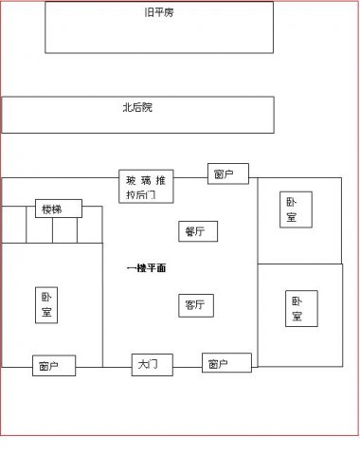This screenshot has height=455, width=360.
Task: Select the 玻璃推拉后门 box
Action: tap(147, 187)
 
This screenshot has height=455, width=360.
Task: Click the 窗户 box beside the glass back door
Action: tap(227, 173)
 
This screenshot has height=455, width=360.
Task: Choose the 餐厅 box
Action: tap(197, 231)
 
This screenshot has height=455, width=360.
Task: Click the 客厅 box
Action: tap(197, 305)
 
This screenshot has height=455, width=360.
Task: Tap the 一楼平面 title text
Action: tap(147, 269)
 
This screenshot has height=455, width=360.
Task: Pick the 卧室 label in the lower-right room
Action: tap(297, 309)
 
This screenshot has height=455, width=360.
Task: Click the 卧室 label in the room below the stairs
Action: tap(46, 306)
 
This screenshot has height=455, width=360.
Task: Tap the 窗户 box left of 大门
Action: tap(54, 366)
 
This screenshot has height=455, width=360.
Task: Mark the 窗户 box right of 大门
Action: tap(226, 363)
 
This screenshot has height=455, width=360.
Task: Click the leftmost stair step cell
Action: tap(12, 229)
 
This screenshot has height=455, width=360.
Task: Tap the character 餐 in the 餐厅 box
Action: tap(190, 231)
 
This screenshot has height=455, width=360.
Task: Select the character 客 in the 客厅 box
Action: tap(190, 305)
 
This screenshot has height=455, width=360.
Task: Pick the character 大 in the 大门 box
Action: tap(145, 364)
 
